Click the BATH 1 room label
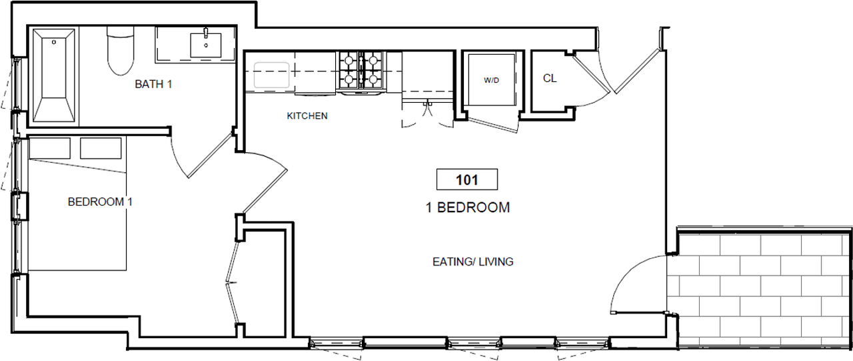pyautogui.click(x=153, y=84)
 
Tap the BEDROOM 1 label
pyautogui.click(x=100, y=202)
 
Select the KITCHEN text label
pyautogui.click(x=307, y=116)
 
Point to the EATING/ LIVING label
pyautogui.click(x=473, y=262)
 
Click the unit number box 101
pyautogui.click(x=467, y=179)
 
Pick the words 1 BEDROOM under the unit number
pyautogui.click(x=468, y=208)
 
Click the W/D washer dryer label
pyautogui.click(x=491, y=80)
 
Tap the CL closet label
pyautogui.click(x=550, y=78)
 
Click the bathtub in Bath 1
pyautogui.click(x=54, y=75)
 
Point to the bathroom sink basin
pyautogui.click(x=206, y=45)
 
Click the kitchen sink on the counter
pyautogui.click(x=271, y=75)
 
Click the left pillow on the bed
pyautogui.click(x=50, y=148)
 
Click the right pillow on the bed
pyautogui.click(x=101, y=148)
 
